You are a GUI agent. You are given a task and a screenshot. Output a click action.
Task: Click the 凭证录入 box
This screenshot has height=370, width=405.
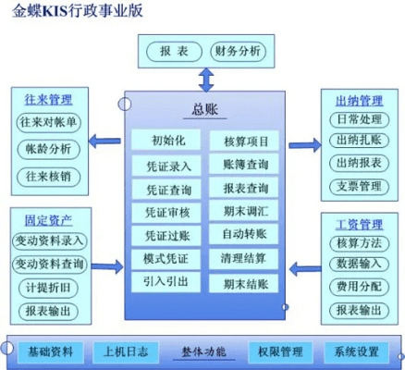[167, 166]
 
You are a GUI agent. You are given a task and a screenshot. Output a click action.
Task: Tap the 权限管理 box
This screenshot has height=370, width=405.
[278, 351]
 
